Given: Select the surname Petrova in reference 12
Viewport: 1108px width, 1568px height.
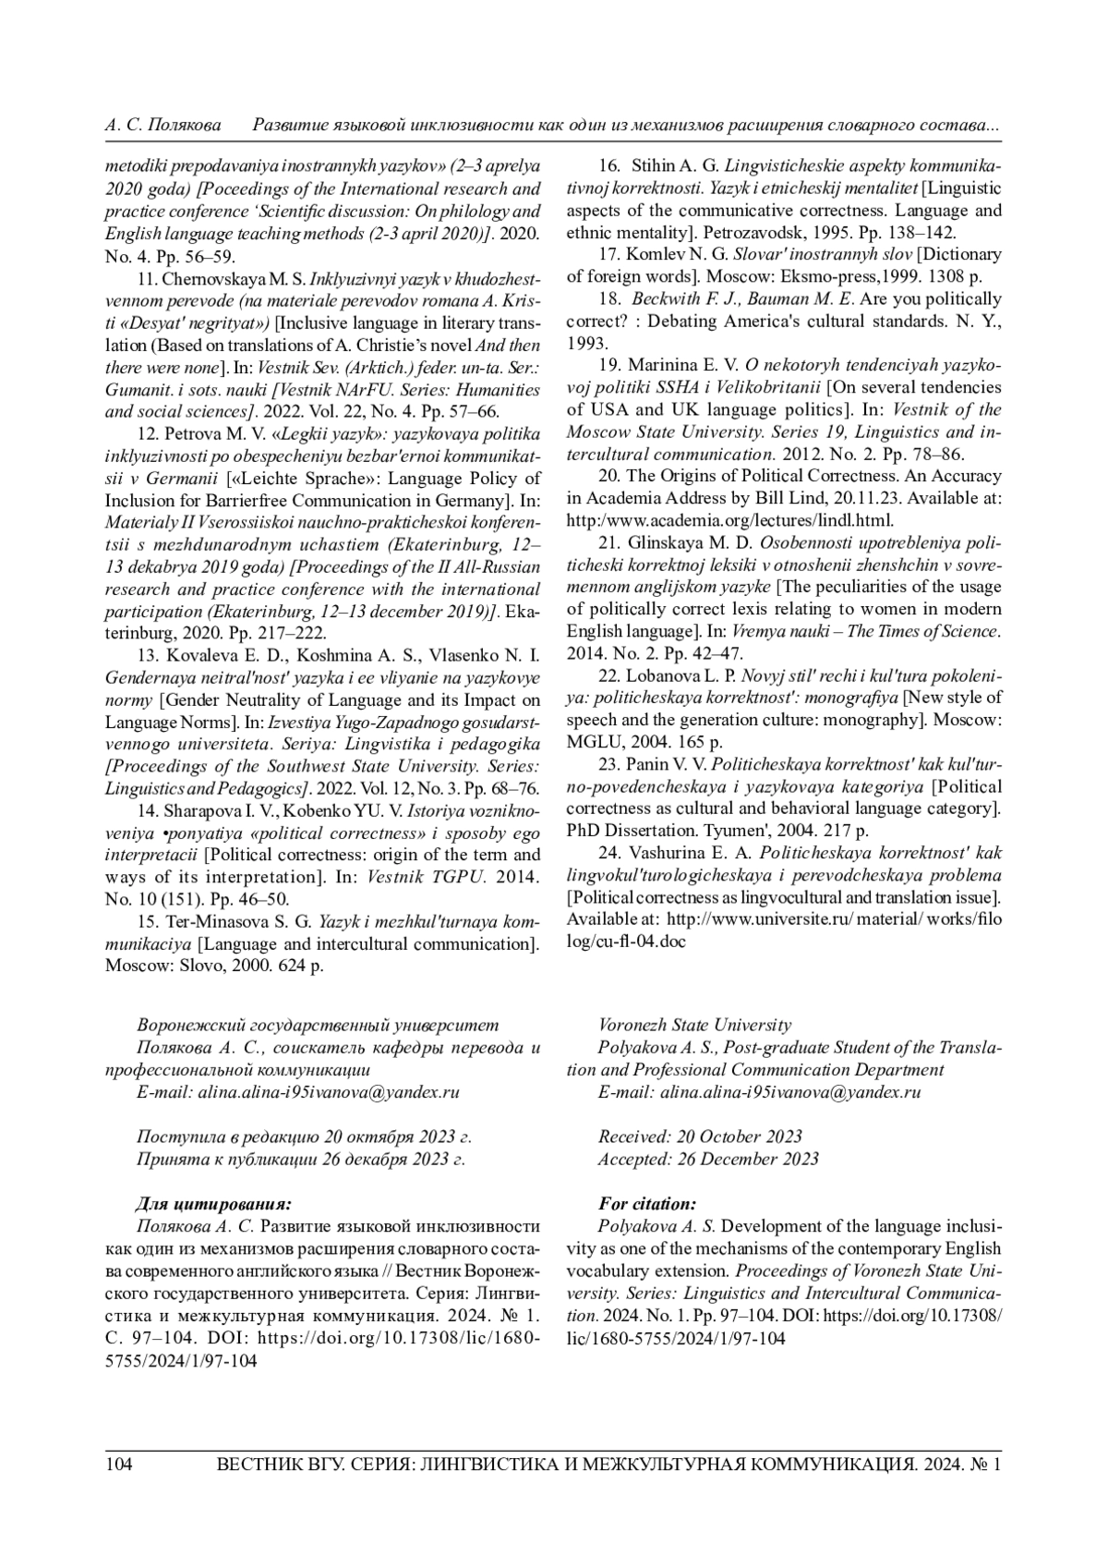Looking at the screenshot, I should [x=189, y=433].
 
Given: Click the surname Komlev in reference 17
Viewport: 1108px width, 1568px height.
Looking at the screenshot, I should [x=655, y=255].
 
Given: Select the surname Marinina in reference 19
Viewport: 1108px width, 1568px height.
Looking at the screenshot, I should [x=663, y=366].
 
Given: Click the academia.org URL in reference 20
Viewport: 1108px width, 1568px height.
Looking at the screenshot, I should [x=729, y=521].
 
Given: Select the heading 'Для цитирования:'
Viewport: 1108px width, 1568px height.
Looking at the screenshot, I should [x=213, y=1204].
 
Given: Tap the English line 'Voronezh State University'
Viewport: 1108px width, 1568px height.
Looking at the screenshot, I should [x=694, y=1025].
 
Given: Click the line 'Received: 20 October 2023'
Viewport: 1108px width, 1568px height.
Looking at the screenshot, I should [x=700, y=1136].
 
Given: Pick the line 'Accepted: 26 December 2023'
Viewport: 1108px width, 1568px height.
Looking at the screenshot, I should [x=707, y=1159].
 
